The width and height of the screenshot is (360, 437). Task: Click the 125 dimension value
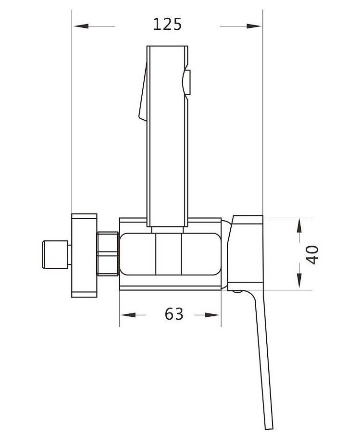point(167,24)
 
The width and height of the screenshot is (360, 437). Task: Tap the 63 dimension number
point(174,314)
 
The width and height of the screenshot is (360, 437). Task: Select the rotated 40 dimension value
point(312,254)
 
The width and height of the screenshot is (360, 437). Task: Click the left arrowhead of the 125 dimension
point(81,26)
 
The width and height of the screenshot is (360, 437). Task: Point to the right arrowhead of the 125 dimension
point(254,26)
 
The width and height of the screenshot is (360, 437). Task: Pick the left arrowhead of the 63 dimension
point(128,315)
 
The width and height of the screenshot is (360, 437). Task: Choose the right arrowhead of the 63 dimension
point(212,315)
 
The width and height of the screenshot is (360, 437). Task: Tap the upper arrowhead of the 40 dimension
point(299,226)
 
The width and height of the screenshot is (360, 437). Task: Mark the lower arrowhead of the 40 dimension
point(299,281)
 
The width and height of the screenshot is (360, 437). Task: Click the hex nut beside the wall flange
point(108,254)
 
